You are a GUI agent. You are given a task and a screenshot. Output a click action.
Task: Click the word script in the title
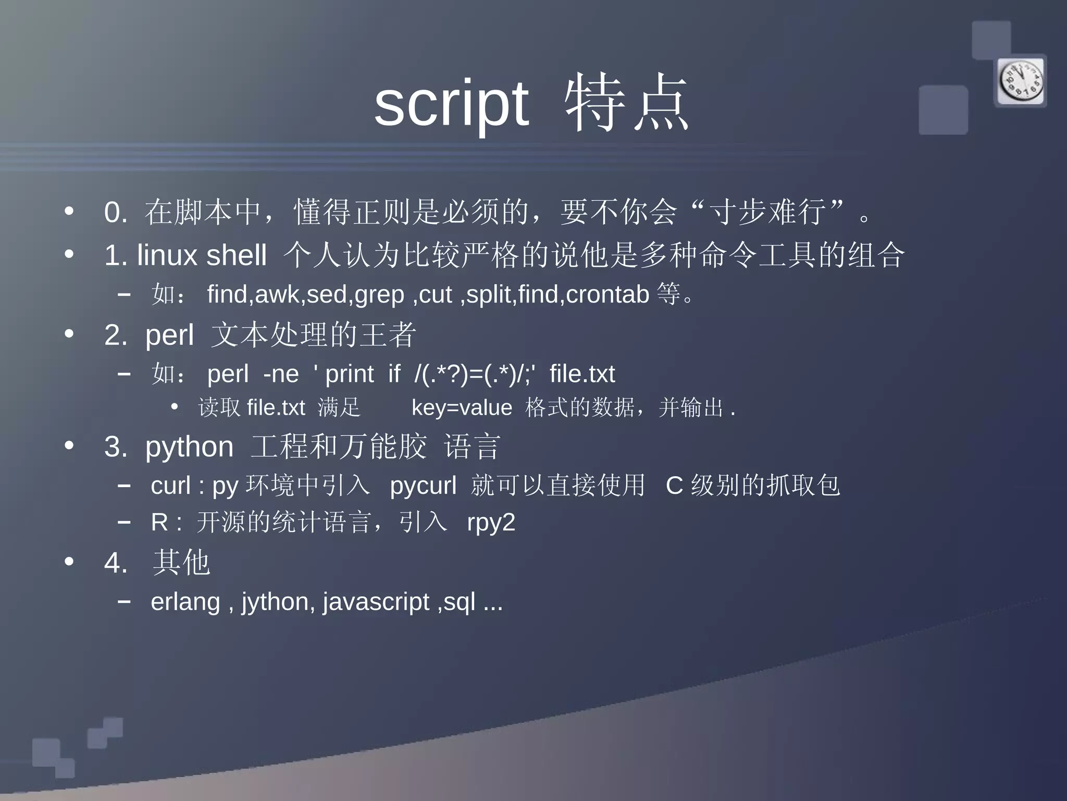click(x=451, y=103)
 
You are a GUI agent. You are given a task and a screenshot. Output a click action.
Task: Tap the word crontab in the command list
click(x=607, y=295)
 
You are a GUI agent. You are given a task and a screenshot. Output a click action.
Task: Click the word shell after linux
click(x=237, y=255)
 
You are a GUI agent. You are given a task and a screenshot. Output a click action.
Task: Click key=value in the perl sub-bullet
click(x=462, y=408)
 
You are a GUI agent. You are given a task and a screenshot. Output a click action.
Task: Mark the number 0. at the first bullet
click(x=116, y=213)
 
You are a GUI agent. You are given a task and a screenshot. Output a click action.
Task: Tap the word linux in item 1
click(x=167, y=255)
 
